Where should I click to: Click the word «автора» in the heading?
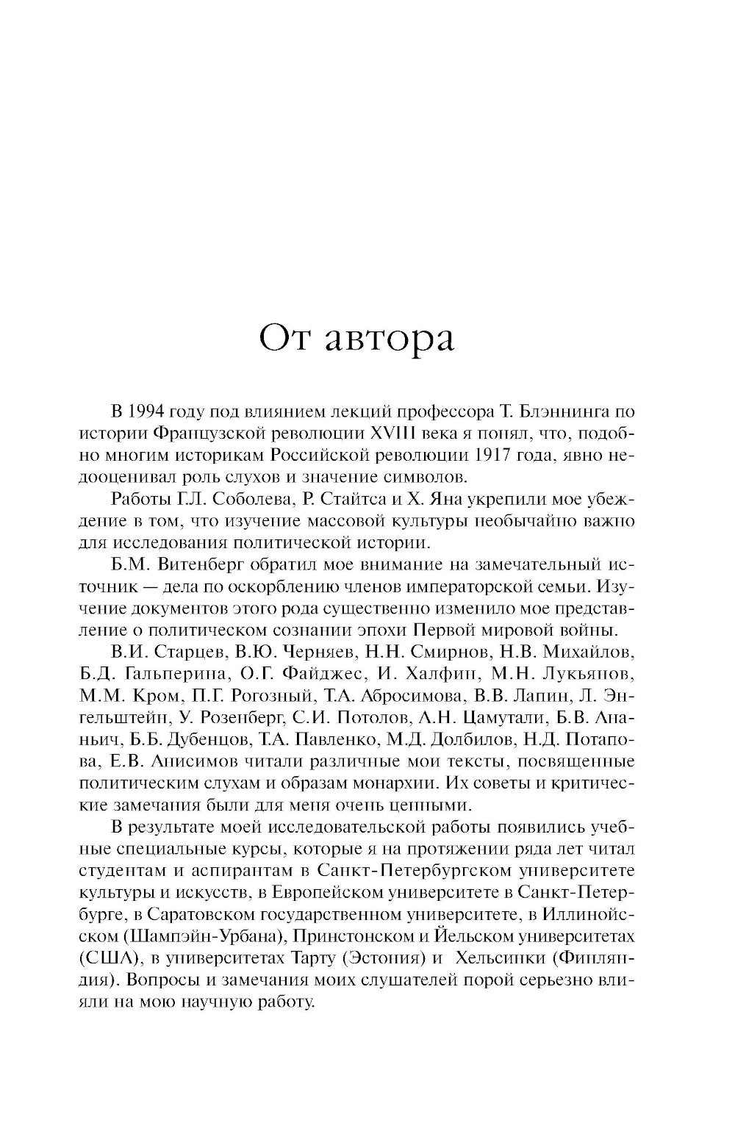[x=390, y=340]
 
